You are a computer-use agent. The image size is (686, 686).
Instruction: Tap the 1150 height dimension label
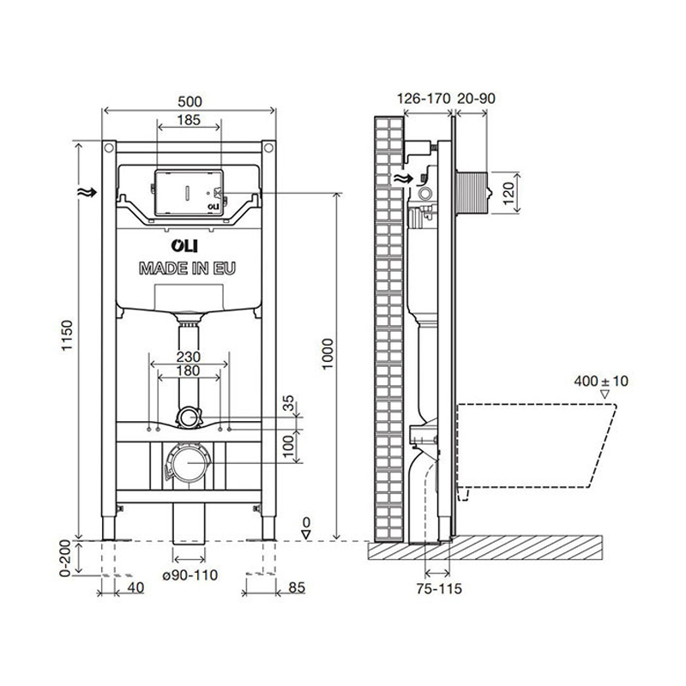(67, 339)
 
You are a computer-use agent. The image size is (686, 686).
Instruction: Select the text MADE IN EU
(188, 268)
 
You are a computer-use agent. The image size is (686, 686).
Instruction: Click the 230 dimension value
(188, 357)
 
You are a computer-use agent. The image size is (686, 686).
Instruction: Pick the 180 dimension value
(188, 371)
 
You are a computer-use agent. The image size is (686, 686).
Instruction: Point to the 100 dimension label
(288, 442)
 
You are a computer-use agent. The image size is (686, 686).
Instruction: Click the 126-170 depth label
(424, 99)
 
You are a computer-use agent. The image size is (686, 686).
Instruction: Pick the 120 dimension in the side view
(508, 190)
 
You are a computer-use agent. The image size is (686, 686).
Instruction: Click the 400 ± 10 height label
(604, 380)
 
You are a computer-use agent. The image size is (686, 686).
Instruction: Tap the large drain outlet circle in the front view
(186, 464)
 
